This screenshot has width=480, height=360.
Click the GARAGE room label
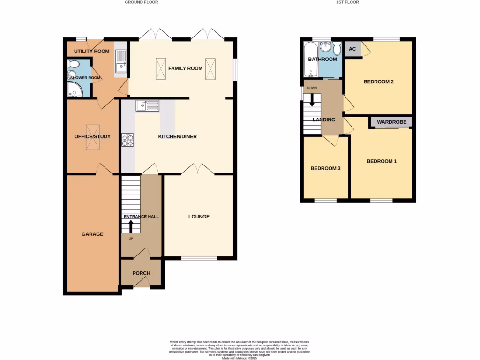click(92, 234)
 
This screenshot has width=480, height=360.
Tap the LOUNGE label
click(199, 217)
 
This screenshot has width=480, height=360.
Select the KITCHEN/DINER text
click(177, 137)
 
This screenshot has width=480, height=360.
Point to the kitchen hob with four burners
click(127, 140)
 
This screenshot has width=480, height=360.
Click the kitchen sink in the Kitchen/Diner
click(147, 106)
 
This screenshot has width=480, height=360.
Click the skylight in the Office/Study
click(92, 137)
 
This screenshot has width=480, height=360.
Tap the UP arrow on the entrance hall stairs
click(131, 226)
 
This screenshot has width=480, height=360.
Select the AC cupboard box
click(352, 49)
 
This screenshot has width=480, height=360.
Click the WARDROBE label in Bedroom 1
click(390, 122)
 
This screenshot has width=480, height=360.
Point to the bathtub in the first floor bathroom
click(310, 60)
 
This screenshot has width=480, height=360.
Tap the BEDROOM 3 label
click(325, 168)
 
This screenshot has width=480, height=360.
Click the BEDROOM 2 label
click(378, 82)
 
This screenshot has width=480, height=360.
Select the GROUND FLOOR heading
click(141, 2)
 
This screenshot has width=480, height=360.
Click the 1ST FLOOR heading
click(347, 2)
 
